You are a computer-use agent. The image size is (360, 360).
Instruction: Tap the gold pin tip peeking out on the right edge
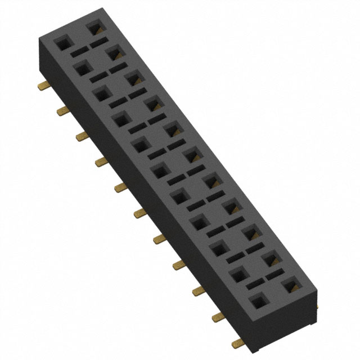[x=316, y=307]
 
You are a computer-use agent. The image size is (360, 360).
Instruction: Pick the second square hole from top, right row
[x=113, y=53]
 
